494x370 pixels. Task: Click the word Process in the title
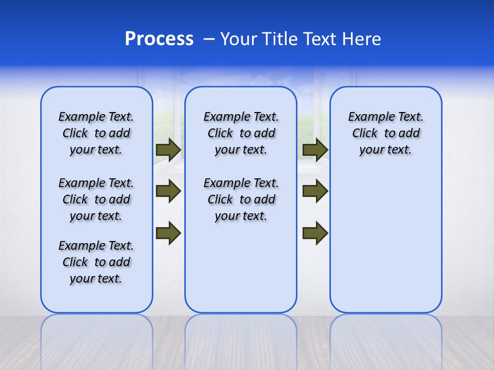(159, 39)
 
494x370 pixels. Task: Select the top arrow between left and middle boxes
(168, 150)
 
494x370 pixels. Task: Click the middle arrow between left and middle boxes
(168, 192)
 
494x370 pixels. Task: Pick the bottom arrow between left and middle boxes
(168, 233)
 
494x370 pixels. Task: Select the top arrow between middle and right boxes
(315, 150)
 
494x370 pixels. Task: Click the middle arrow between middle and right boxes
(315, 192)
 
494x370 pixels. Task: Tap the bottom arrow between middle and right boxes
(315, 233)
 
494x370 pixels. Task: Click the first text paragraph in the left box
(96, 133)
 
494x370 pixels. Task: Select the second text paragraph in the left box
(96, 199)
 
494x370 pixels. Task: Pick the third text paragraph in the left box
(96, 262)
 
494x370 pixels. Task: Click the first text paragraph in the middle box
(241, 133)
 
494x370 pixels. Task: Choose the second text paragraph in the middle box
(241, 199)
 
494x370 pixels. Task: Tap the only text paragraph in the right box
(385, 133)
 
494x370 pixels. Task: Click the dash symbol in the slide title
(209, 39)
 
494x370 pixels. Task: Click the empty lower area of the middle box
(241, 267)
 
